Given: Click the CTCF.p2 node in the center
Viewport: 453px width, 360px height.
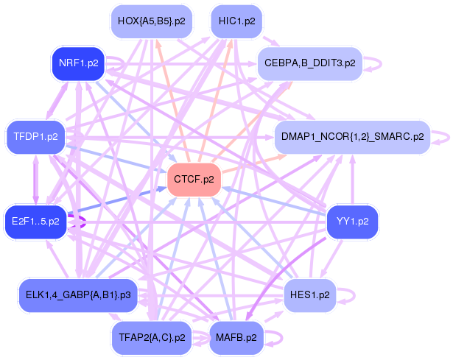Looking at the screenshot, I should (x=194, y=180).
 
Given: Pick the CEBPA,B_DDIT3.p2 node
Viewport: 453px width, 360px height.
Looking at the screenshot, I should (x=309, y=63).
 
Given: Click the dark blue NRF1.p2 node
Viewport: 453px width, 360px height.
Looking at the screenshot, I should (x=78, y=63).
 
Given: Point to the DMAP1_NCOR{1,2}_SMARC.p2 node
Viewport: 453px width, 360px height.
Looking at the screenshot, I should (x=351, y=137).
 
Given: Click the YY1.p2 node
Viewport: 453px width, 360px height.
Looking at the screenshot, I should (x=352, y=221).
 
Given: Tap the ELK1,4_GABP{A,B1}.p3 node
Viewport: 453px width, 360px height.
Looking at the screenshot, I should (x=78, y=295).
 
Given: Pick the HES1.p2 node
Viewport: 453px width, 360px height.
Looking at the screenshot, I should (x=310, y=295).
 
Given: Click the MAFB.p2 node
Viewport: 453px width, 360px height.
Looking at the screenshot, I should (x=236, y=338).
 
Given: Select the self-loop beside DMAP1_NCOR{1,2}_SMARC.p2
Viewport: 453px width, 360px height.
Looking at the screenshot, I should (x=442, y=137).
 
